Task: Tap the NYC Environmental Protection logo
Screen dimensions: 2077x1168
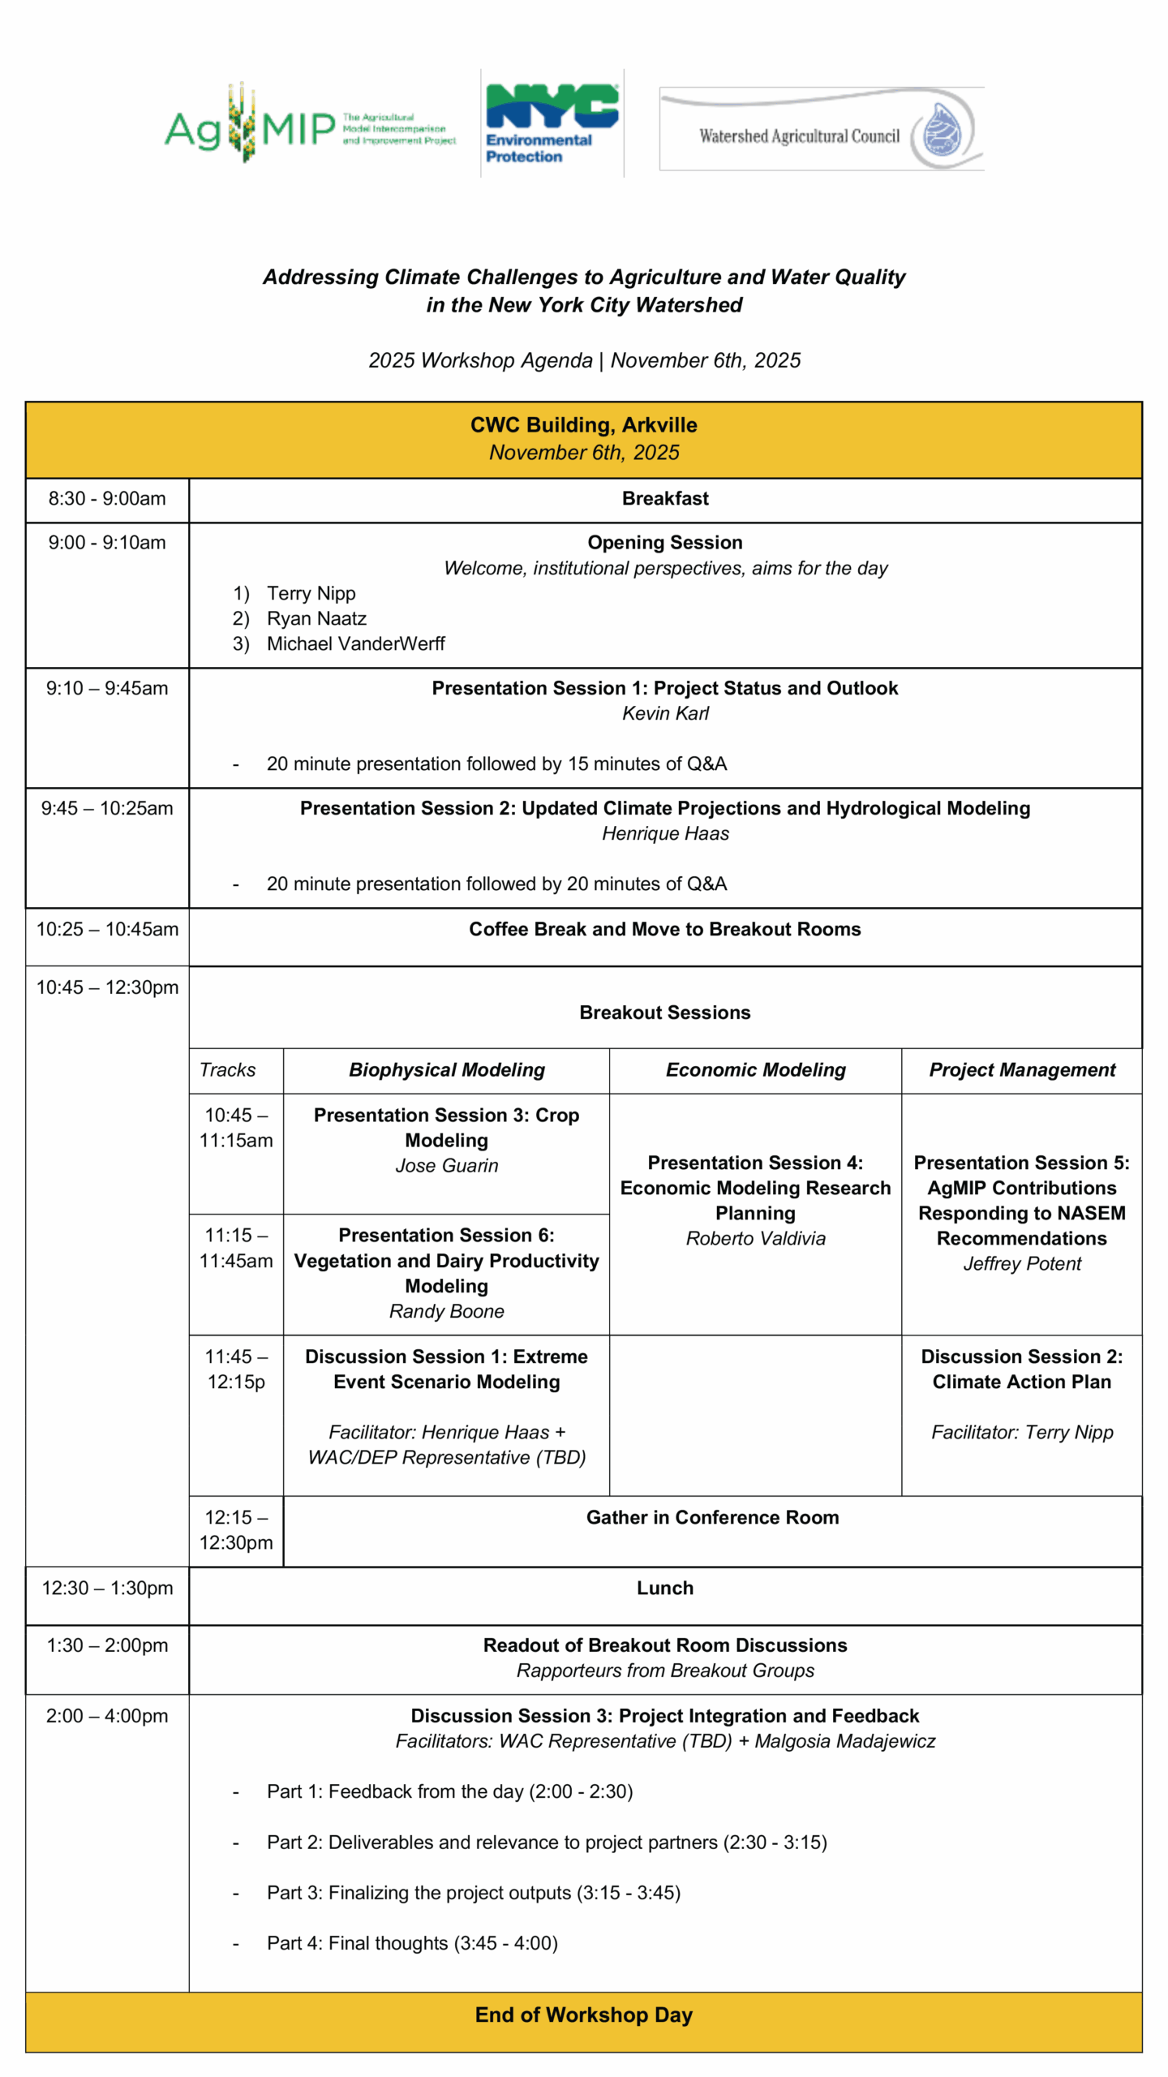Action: tap(552, 123)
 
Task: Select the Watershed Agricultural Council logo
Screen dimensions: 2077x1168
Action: tap(821, 130)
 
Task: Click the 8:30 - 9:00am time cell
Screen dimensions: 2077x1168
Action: tap(107, 498)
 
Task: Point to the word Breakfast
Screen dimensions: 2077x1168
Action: tap(665, 498)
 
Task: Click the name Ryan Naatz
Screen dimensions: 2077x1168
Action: tap(316, 618)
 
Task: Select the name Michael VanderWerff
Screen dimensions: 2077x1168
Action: tap(355, 643)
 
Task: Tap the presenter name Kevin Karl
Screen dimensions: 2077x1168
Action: tap(665, 713)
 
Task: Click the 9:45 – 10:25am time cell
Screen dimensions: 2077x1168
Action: tap(107, 808)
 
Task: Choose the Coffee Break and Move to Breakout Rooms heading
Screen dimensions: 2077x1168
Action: tap(665, 929)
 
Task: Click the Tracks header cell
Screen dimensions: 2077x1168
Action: tap(228, 1070)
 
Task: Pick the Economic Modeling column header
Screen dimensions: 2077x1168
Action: tap(755, 1070)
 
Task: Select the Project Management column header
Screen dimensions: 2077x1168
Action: tap(1022, 1070)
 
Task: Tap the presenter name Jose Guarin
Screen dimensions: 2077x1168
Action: tap(447, 1166)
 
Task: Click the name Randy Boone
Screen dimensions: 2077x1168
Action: tap(447, 1311)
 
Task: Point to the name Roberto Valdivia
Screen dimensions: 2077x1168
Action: tap(755, 1238)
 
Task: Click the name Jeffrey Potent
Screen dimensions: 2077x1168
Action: tap(1022, 1263)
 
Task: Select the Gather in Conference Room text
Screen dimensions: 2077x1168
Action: tap(712, 1517)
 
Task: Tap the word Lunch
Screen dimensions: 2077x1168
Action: tap(665, 1588)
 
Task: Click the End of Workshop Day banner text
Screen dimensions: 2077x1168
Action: tap(584, 2015)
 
